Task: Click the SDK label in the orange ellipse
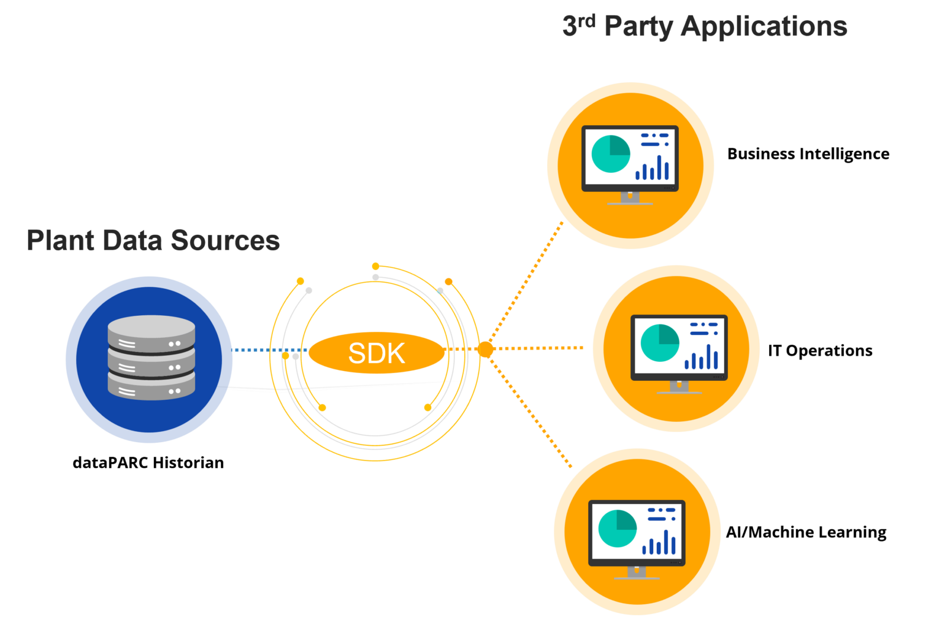pyautogui.click(x=377, y=353)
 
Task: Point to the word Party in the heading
pyautogui.click(x=638, y=28)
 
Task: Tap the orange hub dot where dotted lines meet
pyautogui.click(x=485, y=349)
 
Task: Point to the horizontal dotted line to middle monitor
pyautogui.click(x=540, y=348)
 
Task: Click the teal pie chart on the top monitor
pyautogui.click(x=611, y=154)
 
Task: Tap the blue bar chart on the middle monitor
pyautogui.click(x=702, y=358)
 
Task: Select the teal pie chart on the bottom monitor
pyautogui.click(x=618, y=528)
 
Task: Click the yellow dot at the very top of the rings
pyautogui.click(x=375, y=266)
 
